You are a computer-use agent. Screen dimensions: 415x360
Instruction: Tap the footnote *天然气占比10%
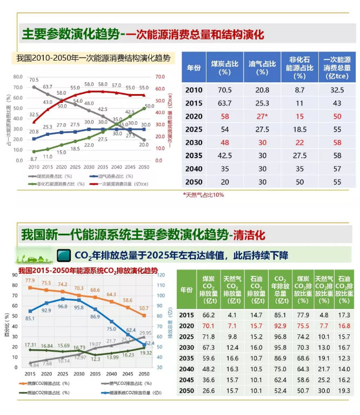click(203, 194)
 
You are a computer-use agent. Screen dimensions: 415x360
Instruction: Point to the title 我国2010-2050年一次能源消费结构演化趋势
click(93, 58)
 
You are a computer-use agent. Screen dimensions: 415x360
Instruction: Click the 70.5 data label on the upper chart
click(34, 80)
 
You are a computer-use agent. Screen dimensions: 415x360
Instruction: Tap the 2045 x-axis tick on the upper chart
click(130, 167)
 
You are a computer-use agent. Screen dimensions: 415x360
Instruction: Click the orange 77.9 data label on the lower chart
click(30, 281)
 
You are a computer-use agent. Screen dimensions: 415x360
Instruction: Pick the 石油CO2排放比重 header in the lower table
click(343, 289)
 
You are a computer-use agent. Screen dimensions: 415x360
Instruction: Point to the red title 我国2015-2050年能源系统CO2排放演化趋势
click(88, 270)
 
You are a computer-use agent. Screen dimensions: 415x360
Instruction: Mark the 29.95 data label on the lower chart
click(145, 333)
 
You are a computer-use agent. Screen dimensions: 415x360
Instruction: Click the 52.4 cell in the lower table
click(281, 391)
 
